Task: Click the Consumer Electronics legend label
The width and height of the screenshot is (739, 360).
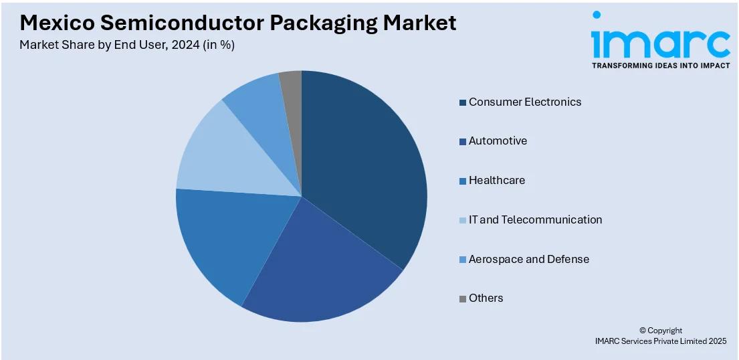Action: (x=524, y=102)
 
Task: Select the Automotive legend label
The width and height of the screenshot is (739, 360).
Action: (x=498, y=141)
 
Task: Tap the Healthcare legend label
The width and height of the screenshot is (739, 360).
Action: (x=496, y=181)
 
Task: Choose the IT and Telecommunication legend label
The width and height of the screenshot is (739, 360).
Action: (x=535, y=220)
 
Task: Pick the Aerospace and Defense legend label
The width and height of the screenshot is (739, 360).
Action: (x=528, y=259)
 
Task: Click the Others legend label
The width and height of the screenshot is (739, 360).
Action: (x=486, y=298)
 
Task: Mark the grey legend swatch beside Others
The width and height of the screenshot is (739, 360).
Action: (x=462, y=298)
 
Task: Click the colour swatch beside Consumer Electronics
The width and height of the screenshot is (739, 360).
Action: (x=462, y=102)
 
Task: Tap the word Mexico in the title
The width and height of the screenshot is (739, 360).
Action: (x=57, y=23)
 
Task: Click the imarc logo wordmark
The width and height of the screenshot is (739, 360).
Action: (x=660, y=41)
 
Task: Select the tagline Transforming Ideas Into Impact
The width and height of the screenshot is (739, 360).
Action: (x=660, y=66)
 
